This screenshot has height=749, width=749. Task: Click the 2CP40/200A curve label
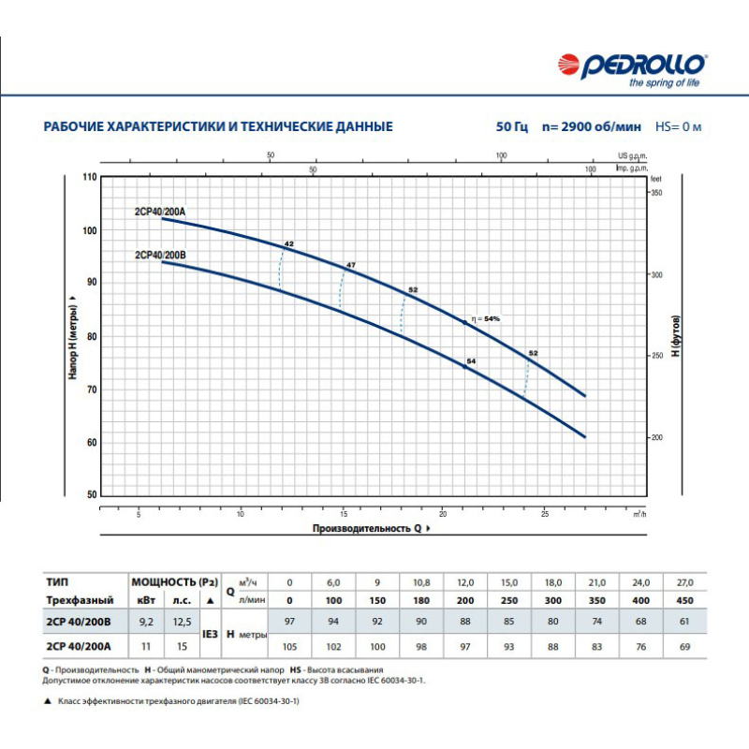click(x=160, y=212)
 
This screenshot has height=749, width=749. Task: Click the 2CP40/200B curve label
click(x=160, y=254)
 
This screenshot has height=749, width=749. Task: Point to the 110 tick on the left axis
click(x=91, y=177)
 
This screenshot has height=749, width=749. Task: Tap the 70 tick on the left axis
click(x=91, y=389)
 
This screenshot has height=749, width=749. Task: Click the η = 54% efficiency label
click(x=487, y=319)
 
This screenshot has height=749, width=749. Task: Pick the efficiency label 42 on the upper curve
click(x=289, y=243)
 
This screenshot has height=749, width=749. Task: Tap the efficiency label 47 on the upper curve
click(x=351, y=266)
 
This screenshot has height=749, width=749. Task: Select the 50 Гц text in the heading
click(x=512, y=126)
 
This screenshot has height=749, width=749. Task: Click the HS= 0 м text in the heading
click(x=679, y=126)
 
